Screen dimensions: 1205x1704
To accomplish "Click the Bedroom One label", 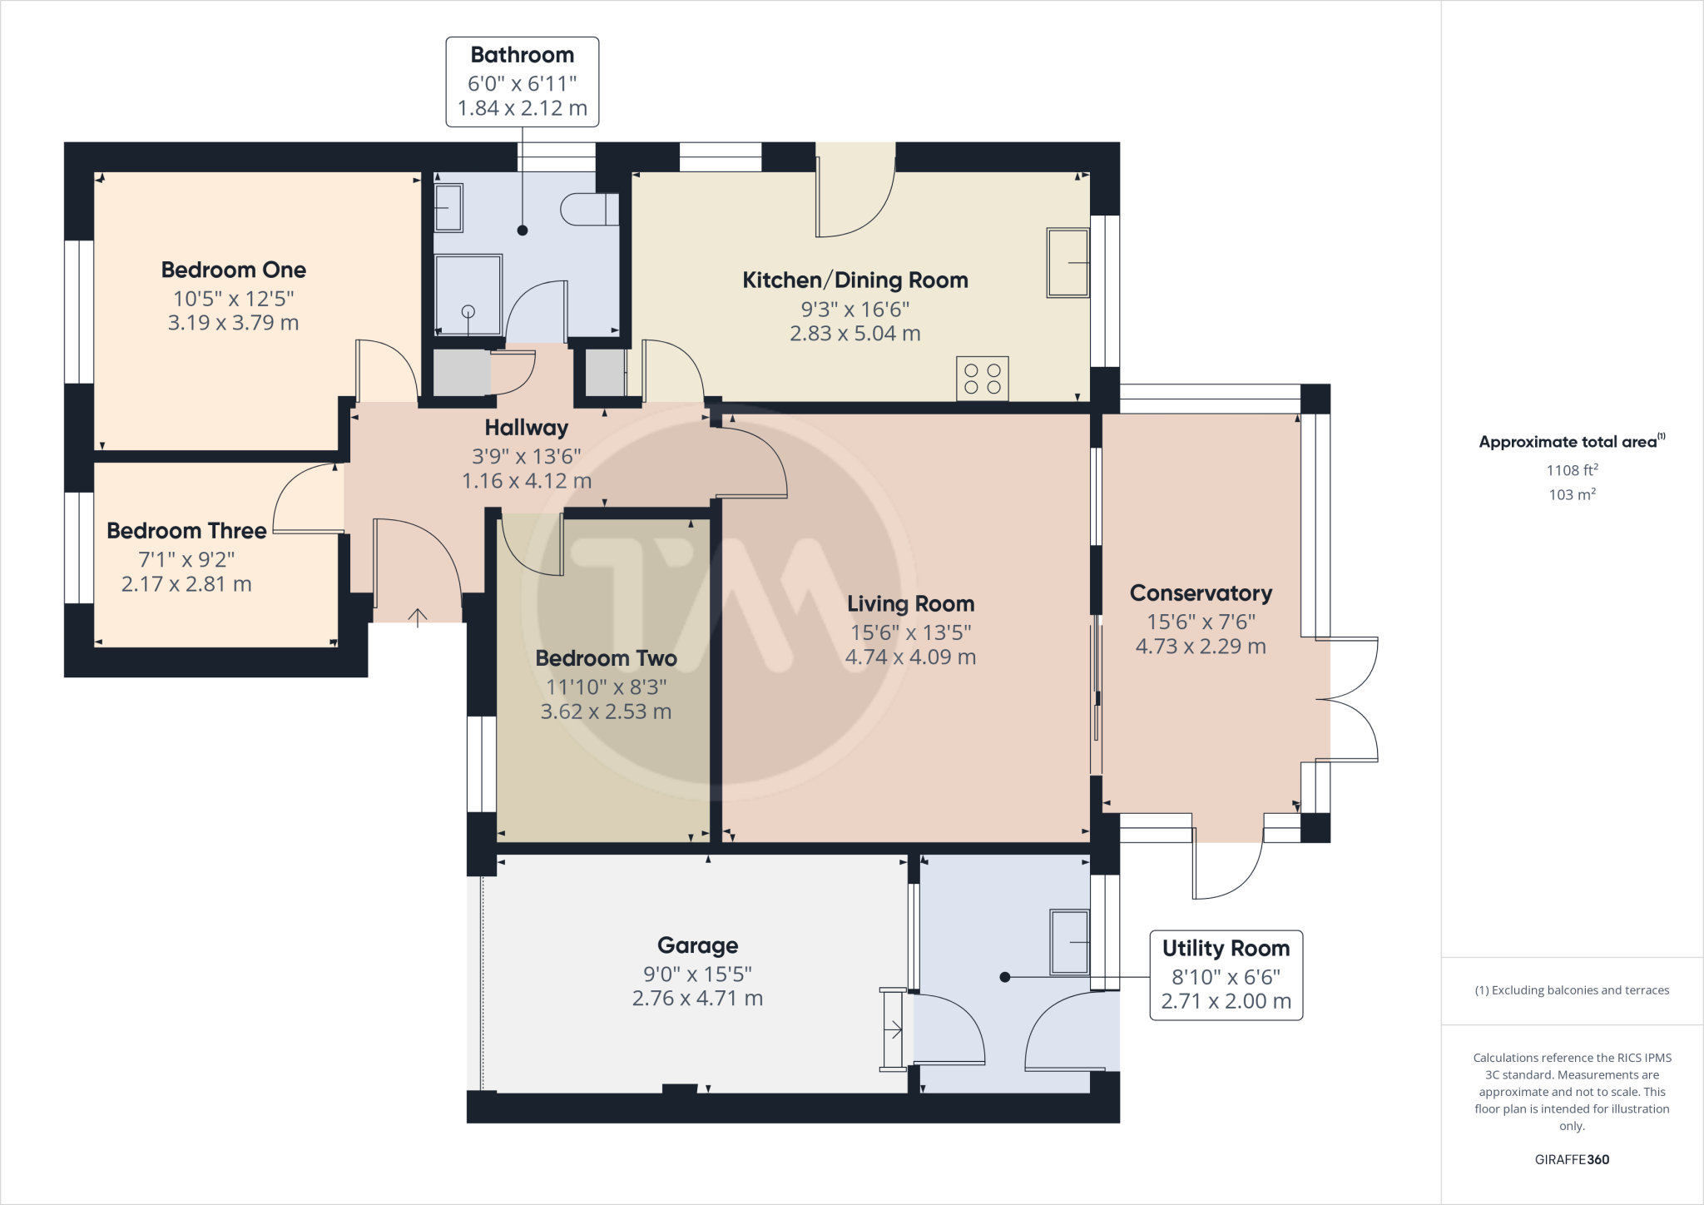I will coord(233,270).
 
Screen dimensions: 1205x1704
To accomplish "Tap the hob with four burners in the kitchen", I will coord(982,379).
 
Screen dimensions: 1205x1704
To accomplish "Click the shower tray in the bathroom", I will coord(468,295).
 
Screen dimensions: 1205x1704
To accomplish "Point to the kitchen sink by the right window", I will coord(1067,262).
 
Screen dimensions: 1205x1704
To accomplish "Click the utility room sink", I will coord(1069,942).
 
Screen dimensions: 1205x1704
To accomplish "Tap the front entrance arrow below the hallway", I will coord(418,617).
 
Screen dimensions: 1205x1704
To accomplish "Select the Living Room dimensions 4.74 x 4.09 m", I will coord(910,657).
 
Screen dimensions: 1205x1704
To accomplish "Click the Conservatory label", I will coord(1200,593).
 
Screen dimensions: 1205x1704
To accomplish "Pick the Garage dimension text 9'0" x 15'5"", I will coord(697,973).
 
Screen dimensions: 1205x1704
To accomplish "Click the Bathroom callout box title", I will coord(522,55).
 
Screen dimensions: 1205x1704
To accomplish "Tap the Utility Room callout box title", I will coord(1225,948).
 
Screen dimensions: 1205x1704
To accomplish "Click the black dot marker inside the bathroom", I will coord(523,231).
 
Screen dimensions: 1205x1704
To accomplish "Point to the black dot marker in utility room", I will coord(1004,977).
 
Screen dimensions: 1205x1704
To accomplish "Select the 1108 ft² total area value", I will coord(1571,470).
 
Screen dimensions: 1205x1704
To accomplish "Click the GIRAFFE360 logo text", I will coord(1571,1159).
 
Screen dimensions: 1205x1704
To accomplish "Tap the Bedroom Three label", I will coord(186,530).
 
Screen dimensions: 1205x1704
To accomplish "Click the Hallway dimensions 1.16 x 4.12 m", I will coord(526,480).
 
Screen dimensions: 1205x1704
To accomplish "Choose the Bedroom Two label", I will coord(606,657).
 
